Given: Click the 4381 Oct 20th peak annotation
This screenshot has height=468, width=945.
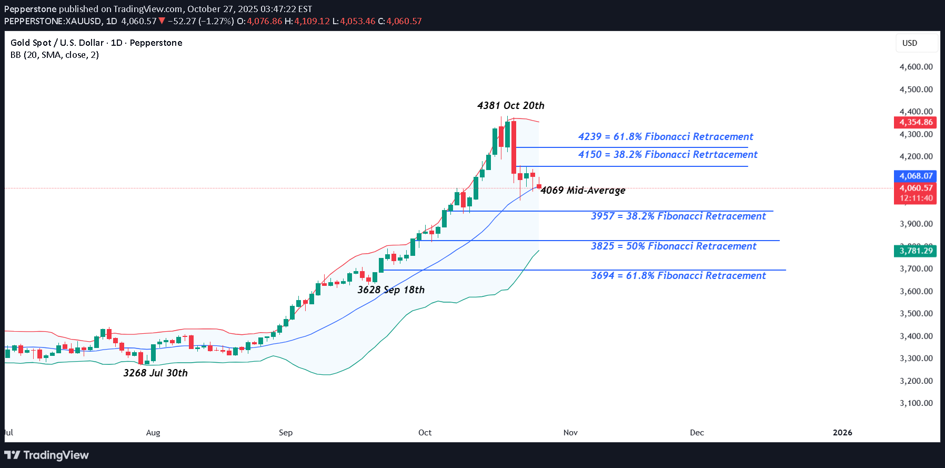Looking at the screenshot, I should tap(510, 106).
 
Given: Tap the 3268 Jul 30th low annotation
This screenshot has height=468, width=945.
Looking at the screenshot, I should tap(155, 373).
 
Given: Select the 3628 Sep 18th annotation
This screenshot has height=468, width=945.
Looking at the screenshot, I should tap(391, 290).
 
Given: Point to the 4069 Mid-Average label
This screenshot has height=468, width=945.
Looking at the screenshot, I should tap(583, 191).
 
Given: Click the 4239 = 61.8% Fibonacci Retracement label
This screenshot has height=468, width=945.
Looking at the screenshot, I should tap(666, 137).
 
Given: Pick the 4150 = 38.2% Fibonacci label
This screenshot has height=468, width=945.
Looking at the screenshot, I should tap(668, 155).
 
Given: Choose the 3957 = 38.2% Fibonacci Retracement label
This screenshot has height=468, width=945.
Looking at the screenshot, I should tap(678, 216).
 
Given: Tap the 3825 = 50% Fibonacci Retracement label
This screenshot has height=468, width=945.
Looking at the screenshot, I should tap(673, 246).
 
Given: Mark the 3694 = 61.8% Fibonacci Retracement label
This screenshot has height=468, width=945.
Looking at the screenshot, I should tap(678, 276).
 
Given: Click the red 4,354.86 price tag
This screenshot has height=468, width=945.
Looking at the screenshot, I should tap(916, 122).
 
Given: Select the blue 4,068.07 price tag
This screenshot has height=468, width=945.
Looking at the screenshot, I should tap(916, 176).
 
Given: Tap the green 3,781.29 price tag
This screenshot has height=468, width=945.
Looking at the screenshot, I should tap(916, 251).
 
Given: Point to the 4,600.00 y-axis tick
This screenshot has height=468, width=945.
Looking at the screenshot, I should tap(916, 67).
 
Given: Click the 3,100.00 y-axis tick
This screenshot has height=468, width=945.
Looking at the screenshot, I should tap(916, 403).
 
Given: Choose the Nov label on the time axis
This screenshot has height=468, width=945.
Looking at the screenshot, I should tap(570, 433).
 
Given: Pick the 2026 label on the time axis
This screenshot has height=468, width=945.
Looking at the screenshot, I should tap(842, 433).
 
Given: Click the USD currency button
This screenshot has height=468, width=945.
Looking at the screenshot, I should tap(910, 43).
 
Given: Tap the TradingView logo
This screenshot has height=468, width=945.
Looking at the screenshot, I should tap(47, 455).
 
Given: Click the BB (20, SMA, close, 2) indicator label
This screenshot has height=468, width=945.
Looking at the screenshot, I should tap(55, 55).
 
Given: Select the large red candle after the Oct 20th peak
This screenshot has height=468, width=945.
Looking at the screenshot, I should tap(514, 147).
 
